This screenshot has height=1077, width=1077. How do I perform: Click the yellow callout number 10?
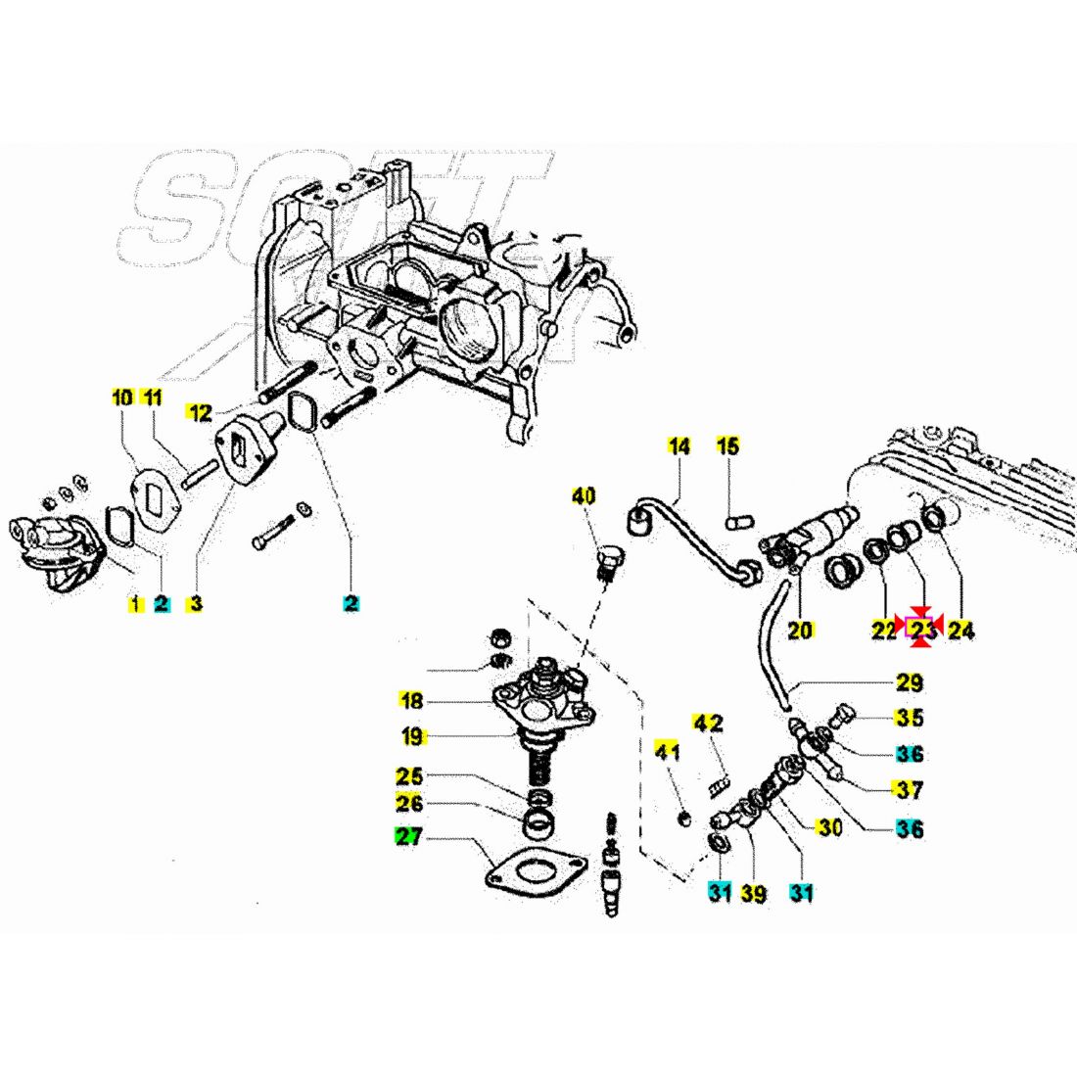(x=121, y=398)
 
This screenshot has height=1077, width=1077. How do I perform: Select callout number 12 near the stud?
(x=200, y=413)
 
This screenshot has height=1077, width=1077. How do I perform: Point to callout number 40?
(x=584, y=496)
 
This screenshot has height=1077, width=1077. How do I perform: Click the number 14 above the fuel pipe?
(x=679, y=446)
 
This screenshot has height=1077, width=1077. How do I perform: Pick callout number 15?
(x=727, y=446)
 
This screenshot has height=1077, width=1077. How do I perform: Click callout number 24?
(x=961, y=631)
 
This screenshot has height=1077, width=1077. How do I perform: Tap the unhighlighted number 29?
(x=910, y=682)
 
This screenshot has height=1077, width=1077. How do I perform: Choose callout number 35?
(x=910, y=718)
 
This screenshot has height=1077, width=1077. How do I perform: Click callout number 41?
(x=667, y=753)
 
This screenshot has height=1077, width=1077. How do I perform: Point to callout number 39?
(x=753, y=893)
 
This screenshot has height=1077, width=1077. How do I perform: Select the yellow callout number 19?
(x=410, y=735)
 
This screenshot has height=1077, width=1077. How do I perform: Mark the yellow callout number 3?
(x=196, y=603)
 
